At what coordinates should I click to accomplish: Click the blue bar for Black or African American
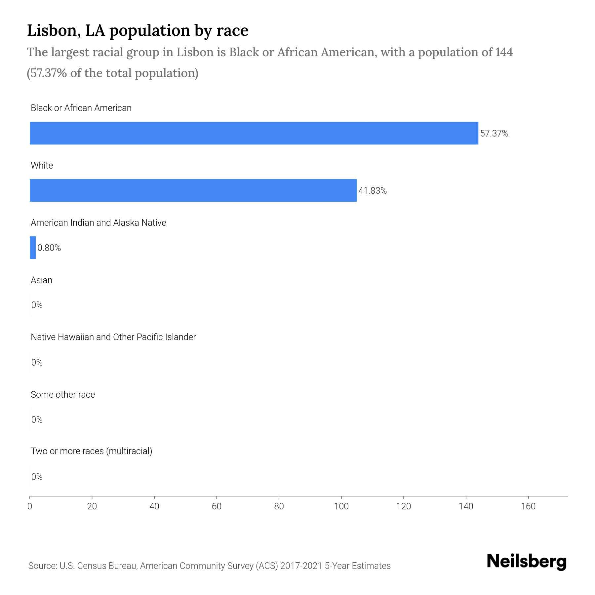point(254,133)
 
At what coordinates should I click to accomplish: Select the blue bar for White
point(193,190)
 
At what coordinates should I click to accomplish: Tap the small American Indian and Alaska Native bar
point(33,248)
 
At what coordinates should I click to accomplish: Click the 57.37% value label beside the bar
point(494,134)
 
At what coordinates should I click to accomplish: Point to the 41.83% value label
point(373,191)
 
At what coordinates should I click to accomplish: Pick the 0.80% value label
point(49,248)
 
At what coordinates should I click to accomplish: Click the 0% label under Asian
point(37,305)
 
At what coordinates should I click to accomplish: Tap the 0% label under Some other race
point(37,420)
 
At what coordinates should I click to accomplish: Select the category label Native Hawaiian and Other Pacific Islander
point(113,337)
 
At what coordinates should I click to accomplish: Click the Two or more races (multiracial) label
point(91,451)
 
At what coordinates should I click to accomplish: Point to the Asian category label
point(41,280)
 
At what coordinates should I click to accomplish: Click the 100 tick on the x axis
point(341,506)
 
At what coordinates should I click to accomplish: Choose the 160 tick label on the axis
point(528,506)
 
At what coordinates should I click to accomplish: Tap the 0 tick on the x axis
point(30,506)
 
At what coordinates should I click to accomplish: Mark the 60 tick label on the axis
point(217,506)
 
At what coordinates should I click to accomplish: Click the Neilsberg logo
point(526,562)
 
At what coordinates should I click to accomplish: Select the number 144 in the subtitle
point(504,52)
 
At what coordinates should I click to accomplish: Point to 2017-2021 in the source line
point(301,566)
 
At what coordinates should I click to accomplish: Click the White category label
point(42,166)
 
